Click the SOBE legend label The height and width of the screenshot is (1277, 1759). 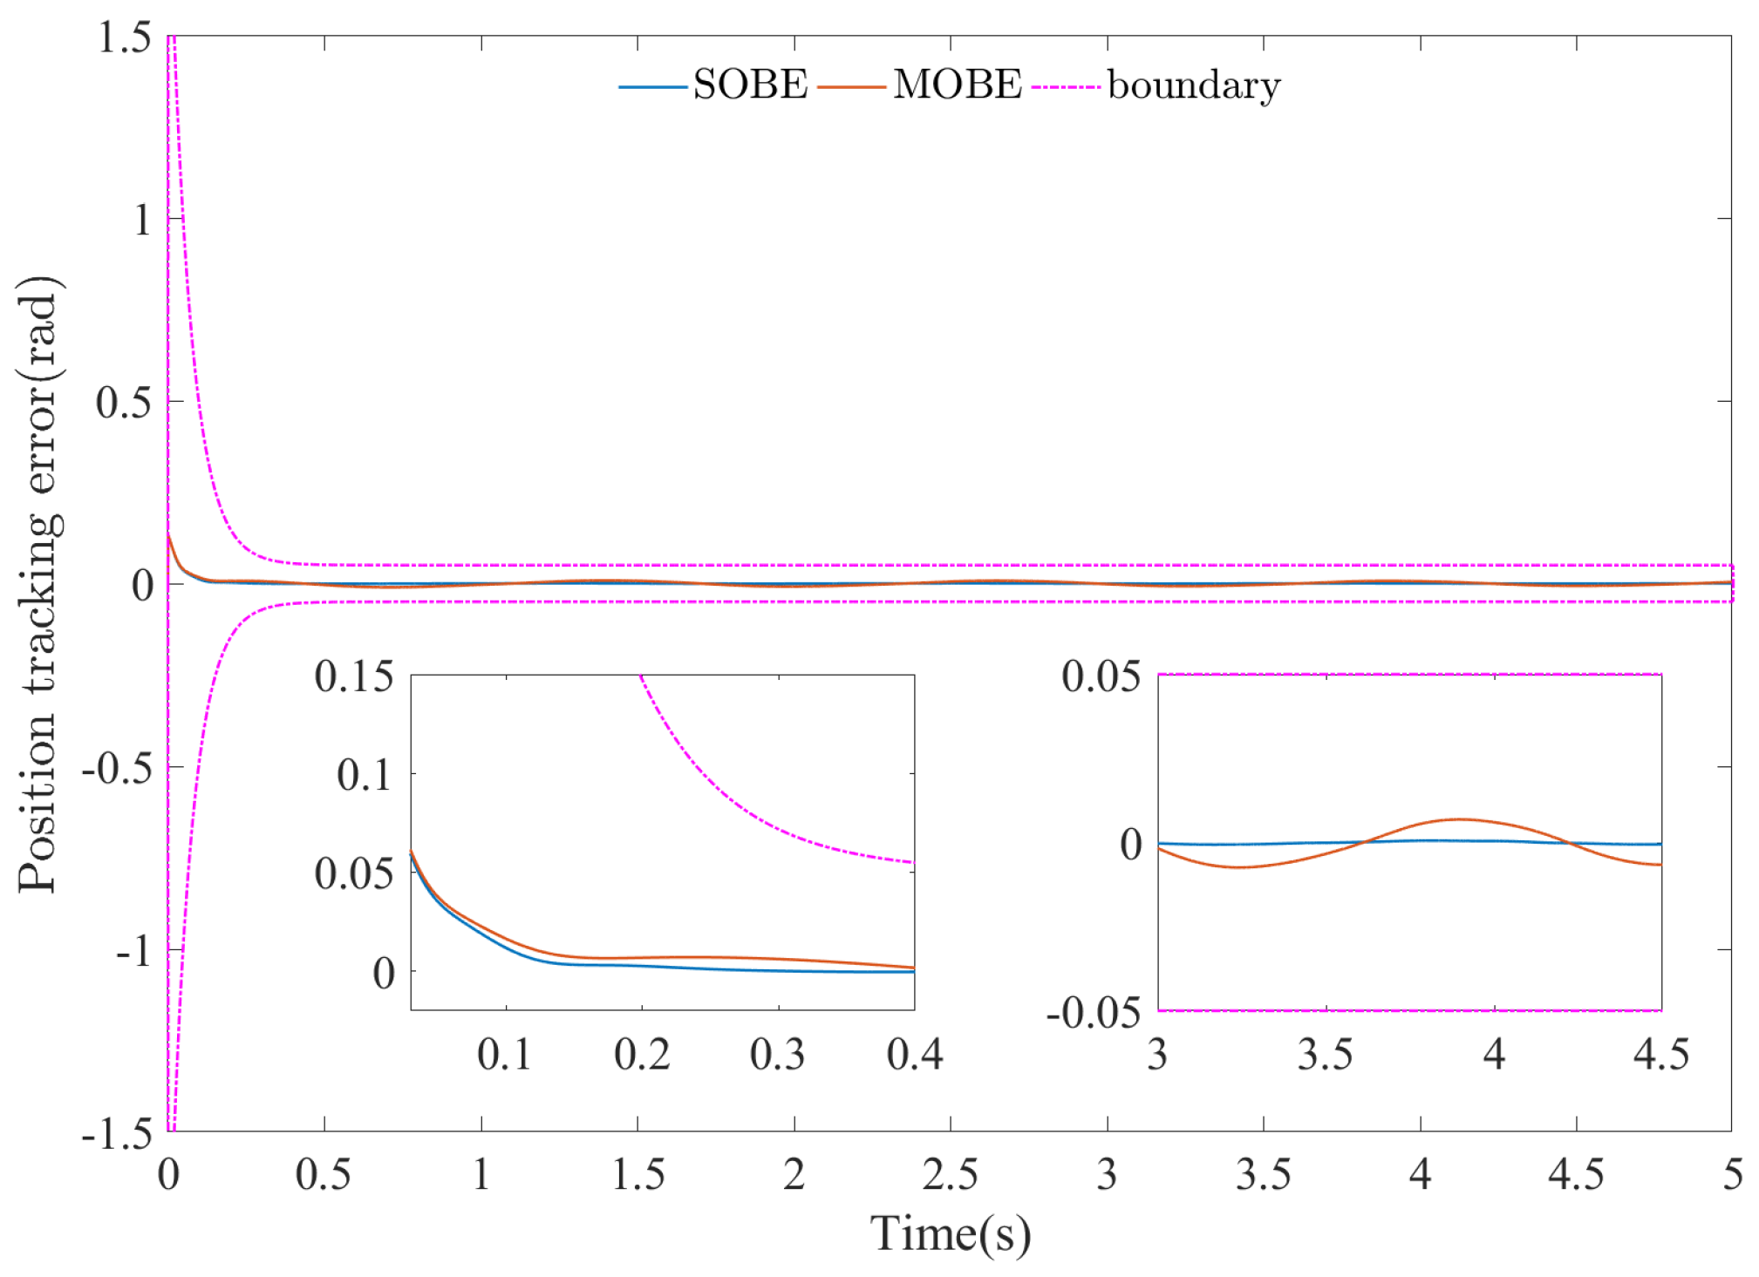(x=750, y=85)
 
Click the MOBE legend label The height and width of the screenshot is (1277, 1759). (x=957, y=85)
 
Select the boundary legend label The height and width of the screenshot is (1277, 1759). (x=1193, y=85)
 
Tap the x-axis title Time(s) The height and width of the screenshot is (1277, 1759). (x=950, y=1233)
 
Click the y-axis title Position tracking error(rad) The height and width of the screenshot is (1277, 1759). (x=39, y=584)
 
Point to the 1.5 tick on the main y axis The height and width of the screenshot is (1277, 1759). (x=123, y=37)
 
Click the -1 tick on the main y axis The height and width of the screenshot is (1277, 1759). (x=135, y=950)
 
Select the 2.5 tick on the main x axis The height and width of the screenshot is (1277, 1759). (x=950, y=1175)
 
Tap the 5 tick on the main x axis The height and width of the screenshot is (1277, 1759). (x=1732, y=1175)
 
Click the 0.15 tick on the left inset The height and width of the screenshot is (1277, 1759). (x=354, y=677)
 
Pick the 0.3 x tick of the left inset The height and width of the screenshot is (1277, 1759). (x=777, y=1055)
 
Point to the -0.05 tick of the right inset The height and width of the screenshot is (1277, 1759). (x=1093, y=1013)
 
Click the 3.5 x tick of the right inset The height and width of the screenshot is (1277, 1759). (x=1325, y=1055)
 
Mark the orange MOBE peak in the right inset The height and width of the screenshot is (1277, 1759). (x=1459, y=819)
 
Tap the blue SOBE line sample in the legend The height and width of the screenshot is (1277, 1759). (x=652, y=86)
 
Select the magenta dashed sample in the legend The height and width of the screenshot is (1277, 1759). (x=1065, y=86)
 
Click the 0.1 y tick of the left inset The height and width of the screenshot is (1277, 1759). (x=365, y=775)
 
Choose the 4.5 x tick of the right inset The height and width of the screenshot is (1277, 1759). (x=1660, y=1055)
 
